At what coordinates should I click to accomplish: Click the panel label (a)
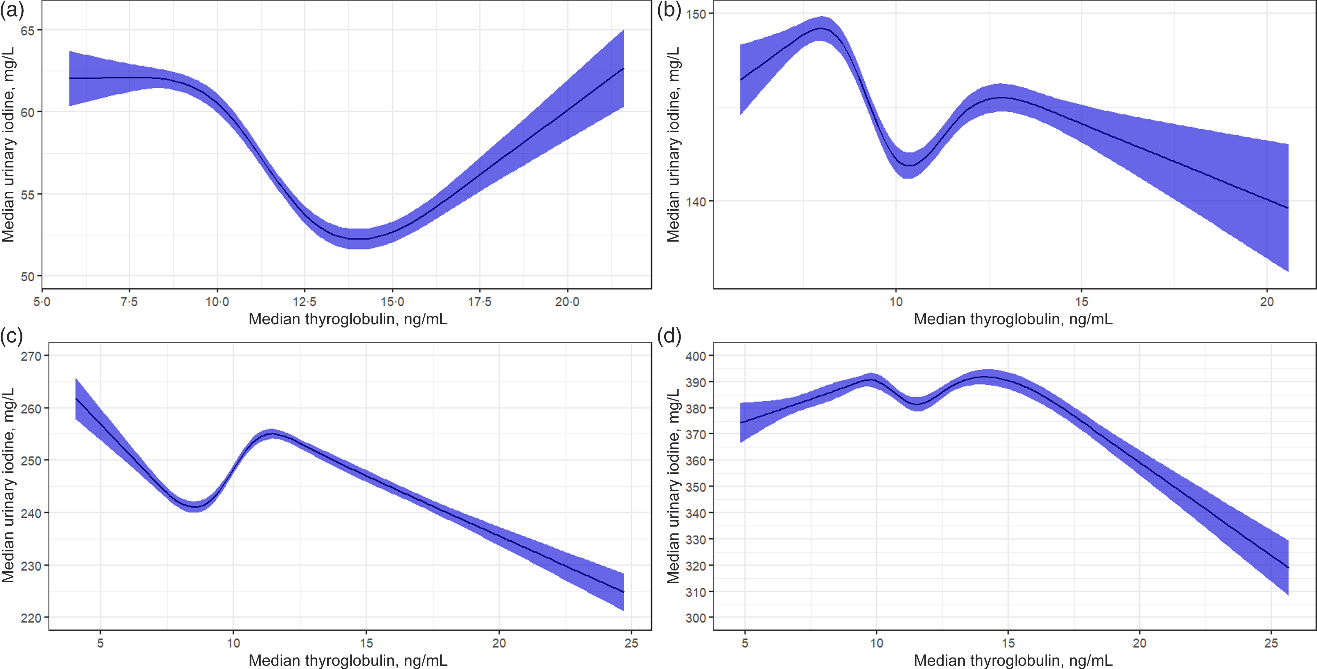12,10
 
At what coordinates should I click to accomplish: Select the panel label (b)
669,10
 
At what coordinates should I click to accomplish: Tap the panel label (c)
12,336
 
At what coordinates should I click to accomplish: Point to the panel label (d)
669,336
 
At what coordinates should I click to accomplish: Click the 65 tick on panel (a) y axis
28,31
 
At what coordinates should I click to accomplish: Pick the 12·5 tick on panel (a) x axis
305,302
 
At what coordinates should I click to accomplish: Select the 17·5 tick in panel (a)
480,302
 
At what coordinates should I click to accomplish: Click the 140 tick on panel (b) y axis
696,202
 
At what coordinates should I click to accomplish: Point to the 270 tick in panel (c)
31,356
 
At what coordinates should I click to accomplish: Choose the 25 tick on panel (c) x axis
631,643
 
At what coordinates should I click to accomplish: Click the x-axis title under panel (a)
348,319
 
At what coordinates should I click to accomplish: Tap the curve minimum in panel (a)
358,239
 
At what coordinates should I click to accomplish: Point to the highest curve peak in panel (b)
821,28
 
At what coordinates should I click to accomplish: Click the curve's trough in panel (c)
195,507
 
